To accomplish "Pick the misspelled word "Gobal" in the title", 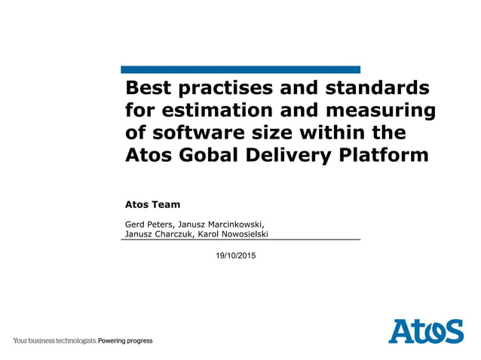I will tap(210, 155).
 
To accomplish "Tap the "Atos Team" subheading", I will tap(152, 204).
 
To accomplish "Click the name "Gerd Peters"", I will tap(148, 224).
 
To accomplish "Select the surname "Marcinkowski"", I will tap(230, 224).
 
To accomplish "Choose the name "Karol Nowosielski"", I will tap(237, 233).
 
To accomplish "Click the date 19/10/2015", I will tap(235, 257).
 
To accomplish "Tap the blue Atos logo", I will tap(426, 331).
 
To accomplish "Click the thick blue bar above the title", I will tap(240, 69).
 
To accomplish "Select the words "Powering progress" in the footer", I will tap(125, 341).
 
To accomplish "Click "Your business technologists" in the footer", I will tap(54, 341).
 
